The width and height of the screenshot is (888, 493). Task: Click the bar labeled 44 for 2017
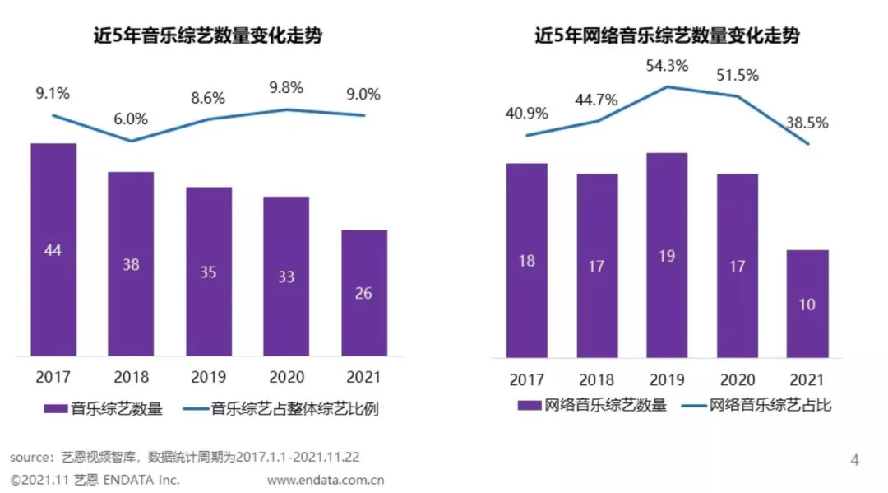point(53,249)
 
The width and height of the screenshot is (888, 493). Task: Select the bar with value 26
point(363,292)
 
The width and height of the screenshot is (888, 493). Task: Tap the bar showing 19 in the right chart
point(667,255)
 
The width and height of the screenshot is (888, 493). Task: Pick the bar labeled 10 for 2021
point(807,304)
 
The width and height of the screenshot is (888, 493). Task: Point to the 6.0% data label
point(130,119)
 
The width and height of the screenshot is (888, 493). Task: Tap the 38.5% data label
point(807,123)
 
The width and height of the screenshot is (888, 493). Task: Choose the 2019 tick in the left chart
point(208,377)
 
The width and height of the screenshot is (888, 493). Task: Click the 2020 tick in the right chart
point(737,379)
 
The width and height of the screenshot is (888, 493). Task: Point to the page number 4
point(854,460)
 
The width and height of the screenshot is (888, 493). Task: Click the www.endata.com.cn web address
point(326,480)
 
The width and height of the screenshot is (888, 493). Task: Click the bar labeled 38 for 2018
point(131,264)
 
